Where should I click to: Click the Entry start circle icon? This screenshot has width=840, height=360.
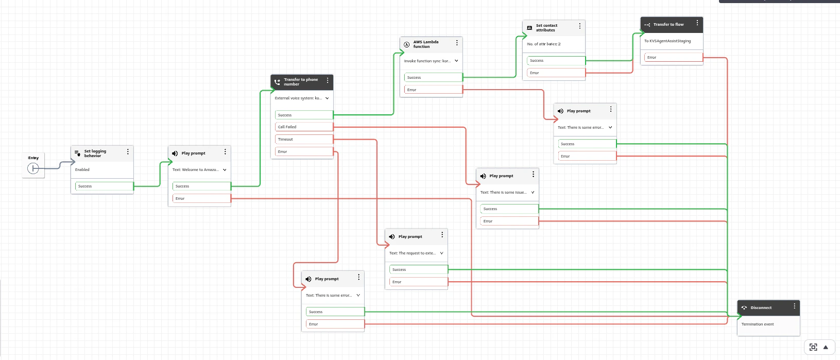(33, 168)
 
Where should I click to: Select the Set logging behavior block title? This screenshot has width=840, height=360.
(95, 153)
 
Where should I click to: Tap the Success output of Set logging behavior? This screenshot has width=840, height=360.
(103, 186)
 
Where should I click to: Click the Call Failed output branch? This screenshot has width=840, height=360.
(304, 127)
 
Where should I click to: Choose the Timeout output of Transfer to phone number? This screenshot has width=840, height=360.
(304, 140)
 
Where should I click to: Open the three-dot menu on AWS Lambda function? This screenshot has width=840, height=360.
(457, 43)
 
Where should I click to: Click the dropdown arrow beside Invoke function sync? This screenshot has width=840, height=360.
(456, 61)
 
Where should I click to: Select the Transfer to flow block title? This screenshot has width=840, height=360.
(668, 25)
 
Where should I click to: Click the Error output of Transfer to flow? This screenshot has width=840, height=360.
(673, 58)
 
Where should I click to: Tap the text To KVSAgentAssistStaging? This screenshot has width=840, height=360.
(667, 41)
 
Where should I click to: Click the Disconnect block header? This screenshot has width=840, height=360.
(761, 308)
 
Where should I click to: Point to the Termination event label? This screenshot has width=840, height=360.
(758, 324)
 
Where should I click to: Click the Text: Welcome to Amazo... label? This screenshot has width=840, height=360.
(195, 170)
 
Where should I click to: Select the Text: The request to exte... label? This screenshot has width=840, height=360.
(412, 253)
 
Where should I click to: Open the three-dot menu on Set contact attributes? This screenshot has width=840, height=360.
(580, 26)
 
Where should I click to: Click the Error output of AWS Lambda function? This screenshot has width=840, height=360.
(433, 90)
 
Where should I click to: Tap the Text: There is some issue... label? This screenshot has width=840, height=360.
(503, 193)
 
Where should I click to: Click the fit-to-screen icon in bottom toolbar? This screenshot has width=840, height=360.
(813, 347)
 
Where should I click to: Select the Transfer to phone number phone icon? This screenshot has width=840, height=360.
(277, 82)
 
